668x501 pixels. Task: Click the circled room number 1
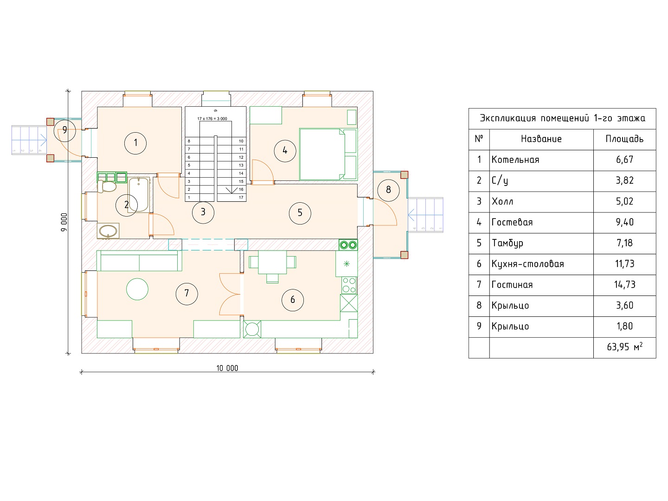[135, 143]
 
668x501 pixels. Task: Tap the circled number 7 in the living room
[186, 294]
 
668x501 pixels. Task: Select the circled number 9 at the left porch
[64, 130]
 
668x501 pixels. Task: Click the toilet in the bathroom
[107, 186]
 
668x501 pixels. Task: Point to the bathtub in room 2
[139, 195]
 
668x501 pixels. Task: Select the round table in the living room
[137, 289]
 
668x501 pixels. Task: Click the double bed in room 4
[328, 154]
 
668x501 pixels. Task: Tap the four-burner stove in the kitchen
[349, 285]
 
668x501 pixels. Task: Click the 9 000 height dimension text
[64, 222]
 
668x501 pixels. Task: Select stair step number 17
[241, 198]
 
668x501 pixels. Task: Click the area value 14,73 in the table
[625, 285]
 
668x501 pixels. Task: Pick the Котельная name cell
[515, 160]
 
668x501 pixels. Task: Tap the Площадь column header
[624, 139]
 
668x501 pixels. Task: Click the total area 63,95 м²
[625, 347]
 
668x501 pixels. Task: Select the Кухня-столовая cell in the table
[528, 264]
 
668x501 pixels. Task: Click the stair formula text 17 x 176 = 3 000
[212, 119]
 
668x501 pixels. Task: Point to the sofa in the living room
[139, 261]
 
